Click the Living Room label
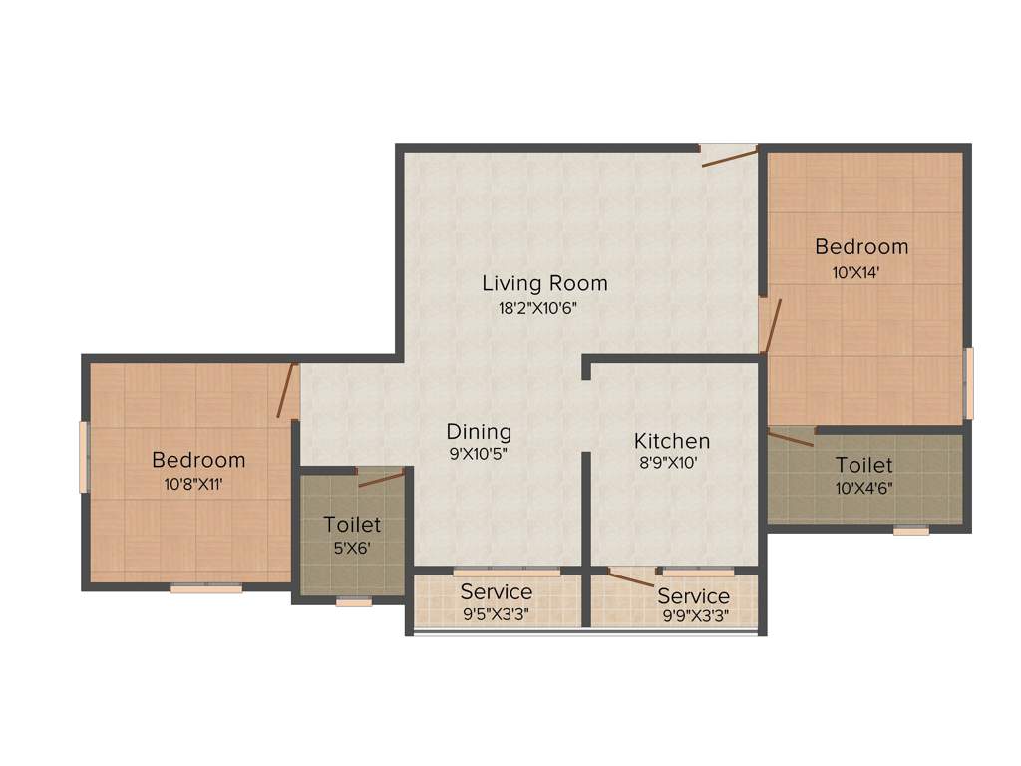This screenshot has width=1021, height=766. coord(544,283)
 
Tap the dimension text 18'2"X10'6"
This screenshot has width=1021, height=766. coord(538,308)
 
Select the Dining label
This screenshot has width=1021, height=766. coord(479,432)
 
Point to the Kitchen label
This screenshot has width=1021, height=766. coord(672,441)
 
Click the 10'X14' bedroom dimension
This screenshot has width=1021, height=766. coord(861,272)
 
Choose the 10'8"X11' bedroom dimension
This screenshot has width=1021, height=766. coord(198,485)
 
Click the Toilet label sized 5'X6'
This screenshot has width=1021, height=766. coord(352,525)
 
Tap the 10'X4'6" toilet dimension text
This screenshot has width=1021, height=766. coord(863,489)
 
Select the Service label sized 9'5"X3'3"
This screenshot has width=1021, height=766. coord(496,592)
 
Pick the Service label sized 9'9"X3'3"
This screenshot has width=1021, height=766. coord(693,596)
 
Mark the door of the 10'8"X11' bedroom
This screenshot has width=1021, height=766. coord(288,391)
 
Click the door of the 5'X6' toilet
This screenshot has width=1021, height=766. coord(380,477)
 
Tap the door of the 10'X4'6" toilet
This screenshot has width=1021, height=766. coord(791,436)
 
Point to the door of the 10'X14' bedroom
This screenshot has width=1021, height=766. coord(769,325)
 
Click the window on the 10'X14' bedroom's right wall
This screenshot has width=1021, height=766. coord(968,383)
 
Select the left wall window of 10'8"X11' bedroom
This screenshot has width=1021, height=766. coord(84,457)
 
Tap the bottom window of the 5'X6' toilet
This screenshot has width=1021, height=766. coord(353,601)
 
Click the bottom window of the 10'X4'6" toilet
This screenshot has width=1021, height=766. coord(911,531)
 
